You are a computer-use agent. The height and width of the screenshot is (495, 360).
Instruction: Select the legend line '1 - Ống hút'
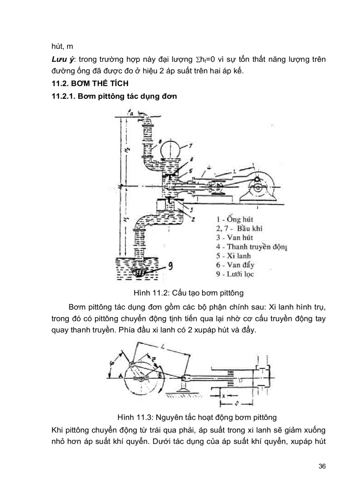[x=235, y=219]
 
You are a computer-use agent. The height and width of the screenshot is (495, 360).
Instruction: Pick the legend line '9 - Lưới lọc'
[x=235, y=274]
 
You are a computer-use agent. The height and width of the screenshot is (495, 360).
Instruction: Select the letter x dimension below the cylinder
[x=224, y=396]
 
